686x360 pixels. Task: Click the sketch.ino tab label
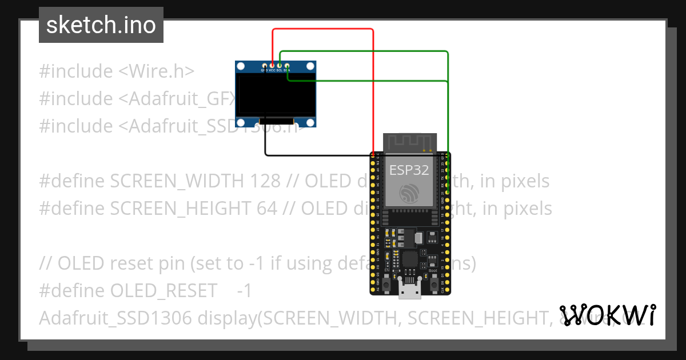point(101,25)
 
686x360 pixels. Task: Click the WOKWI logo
point(607,315)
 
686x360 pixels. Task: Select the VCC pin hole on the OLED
point(272,66)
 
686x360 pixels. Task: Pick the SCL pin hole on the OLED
point(280,66)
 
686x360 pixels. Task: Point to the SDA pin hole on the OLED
point(287,66)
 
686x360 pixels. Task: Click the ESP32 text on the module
point(405,170)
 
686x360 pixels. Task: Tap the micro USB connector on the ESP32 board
point(410,291)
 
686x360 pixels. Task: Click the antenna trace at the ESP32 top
point(410,142)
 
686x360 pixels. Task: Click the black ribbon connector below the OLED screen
point(277,122)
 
